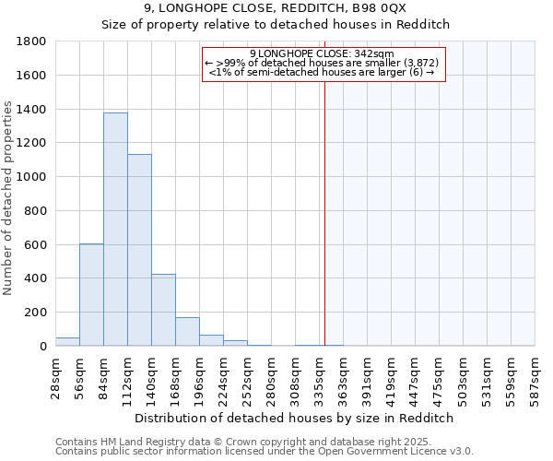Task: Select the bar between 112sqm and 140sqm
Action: click(x=139, y=250)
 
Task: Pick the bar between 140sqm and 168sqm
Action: click(x=163, y=310)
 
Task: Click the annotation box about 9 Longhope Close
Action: click(x=323, y=63)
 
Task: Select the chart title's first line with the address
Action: click(x=276, y=8)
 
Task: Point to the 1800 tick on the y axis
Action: click(x=32, y=41)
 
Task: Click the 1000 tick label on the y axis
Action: click(x=32, y=177)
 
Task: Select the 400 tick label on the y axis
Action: click(x=36, y=278)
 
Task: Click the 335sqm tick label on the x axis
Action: click(x=319, y=375)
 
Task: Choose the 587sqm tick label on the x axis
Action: click(x=535, y=375)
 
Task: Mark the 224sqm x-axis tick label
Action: click(x=223, y=375)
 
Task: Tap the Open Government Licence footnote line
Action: click(x=265, y=452)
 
